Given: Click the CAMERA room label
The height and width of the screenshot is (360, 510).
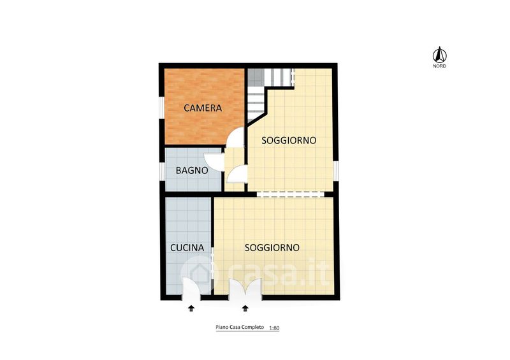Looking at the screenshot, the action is pos(203,108).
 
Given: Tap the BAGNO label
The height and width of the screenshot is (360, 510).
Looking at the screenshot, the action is pos(192,170).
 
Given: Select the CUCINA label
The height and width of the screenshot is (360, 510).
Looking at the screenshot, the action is pos(187,248).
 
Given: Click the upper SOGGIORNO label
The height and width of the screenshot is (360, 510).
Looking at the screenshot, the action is pos(289,140).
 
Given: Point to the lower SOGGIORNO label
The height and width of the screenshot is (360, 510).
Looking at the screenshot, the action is pos(272,248).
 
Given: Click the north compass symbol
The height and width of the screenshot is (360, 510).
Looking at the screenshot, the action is pos(439,55).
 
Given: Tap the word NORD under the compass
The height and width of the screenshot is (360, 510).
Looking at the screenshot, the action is pos(439,66).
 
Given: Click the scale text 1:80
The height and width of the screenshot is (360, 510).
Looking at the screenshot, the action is pos(274,328).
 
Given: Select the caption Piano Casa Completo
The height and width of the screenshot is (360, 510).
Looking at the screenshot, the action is pos(240,327).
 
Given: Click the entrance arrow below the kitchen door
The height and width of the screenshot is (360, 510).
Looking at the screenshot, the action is pos(191,308).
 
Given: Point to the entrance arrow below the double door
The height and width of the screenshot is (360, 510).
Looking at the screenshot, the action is pos(245,308).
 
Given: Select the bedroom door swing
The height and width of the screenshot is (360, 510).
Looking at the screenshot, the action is pos(235,136).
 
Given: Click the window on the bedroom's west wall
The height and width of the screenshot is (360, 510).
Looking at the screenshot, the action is pos(161,107).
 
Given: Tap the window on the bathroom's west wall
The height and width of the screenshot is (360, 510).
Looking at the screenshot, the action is pos(161,171).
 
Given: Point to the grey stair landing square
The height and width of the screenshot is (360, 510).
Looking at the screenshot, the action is pos(256,78).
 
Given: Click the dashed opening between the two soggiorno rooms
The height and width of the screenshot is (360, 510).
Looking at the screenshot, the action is pos(291,194).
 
